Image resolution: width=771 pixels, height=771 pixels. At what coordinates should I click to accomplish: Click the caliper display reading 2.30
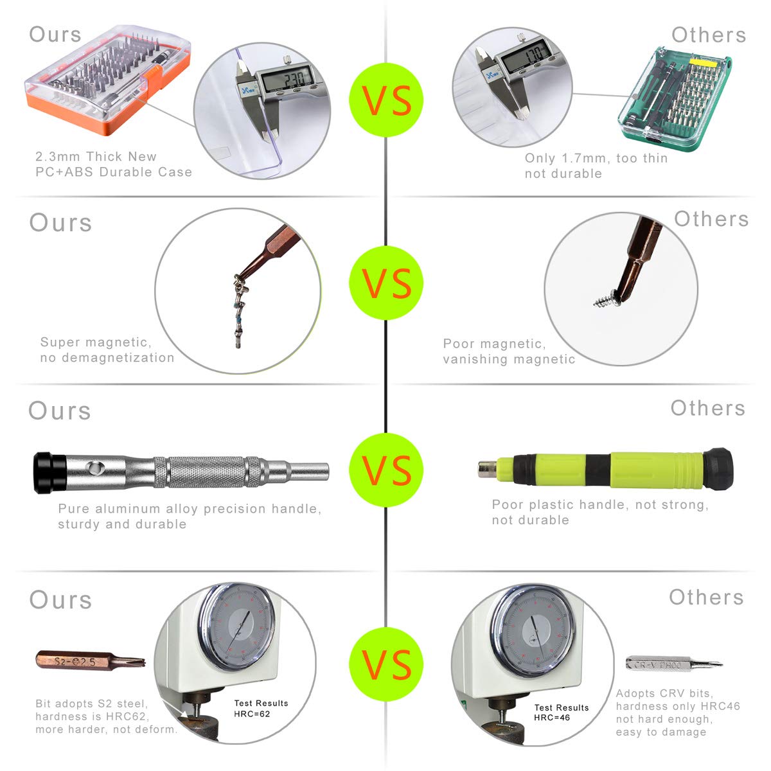pos(283,78)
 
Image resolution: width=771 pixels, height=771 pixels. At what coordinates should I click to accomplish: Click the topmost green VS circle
pos(386,100)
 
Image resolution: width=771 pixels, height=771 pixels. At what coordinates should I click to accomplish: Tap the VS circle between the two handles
pos(386,470)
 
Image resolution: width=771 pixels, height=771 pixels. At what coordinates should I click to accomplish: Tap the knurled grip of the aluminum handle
pos(207,473)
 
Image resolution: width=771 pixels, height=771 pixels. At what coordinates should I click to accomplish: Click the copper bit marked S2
pos(90,660)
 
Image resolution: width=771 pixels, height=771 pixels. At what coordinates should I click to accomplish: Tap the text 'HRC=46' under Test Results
pos(552,717)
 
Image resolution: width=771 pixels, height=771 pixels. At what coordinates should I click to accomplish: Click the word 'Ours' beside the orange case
pos(55,35)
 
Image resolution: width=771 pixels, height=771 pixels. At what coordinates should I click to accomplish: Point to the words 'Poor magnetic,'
pos(494,344)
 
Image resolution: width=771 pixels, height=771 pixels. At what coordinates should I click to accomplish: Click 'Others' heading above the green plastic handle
pos(707,408)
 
